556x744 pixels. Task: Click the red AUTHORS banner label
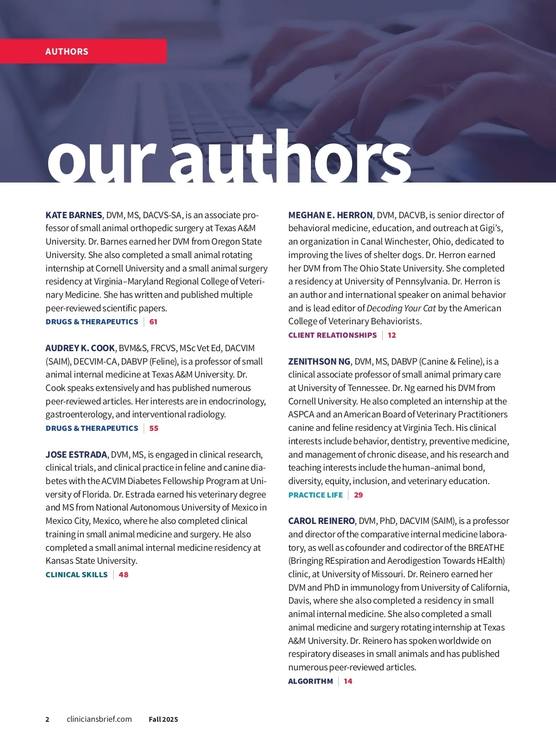click(67, 51)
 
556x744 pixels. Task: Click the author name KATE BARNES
click(74, 215)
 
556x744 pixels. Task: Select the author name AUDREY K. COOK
click(80, 348)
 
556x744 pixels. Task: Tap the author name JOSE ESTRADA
click(76, 454)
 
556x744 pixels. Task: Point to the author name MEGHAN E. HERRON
click(330, 215)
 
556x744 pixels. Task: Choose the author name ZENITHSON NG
click(319, 361)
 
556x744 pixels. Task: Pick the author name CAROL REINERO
click(322, 521)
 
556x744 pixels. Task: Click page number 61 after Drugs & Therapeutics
click(153, 322)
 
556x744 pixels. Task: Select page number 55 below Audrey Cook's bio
click(154, 428)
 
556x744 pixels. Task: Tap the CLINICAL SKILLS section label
click(76, 574)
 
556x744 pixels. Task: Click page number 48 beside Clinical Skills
click(124, 574)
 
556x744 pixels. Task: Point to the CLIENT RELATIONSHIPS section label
click(333, 335)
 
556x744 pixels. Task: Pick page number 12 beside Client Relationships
click(392, 335)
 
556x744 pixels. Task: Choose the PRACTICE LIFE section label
click(316, 495)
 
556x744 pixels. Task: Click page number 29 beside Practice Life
click(359, 495)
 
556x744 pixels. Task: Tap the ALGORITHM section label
click(310, 681)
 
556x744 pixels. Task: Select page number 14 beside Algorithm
click(348, 681)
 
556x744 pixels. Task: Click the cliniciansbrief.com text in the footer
click(99, 719)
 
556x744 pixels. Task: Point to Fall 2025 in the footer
click(163, 719)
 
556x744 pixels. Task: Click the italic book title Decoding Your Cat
click(401, 308)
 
